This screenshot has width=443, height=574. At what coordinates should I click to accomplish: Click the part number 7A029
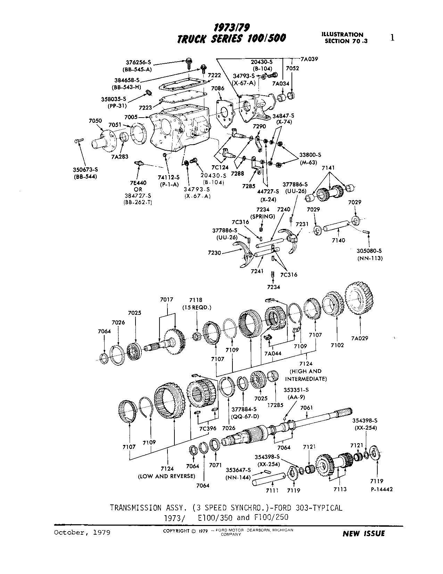359,338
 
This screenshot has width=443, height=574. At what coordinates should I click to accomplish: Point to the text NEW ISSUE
363,533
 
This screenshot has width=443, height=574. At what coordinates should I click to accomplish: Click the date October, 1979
82,532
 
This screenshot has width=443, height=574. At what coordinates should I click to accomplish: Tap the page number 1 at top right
392,38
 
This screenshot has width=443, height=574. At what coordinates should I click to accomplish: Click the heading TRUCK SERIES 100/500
231,38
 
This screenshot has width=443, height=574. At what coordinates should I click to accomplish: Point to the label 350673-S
85,170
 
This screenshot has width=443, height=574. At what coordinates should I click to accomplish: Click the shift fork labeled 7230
243,256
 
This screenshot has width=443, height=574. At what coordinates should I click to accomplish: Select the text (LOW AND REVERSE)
166,476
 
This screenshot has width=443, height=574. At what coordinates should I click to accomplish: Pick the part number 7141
328,168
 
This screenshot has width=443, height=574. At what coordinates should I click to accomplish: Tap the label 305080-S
369,251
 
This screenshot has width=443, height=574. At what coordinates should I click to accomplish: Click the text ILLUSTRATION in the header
342,34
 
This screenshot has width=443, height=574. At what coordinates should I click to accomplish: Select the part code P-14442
376,489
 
